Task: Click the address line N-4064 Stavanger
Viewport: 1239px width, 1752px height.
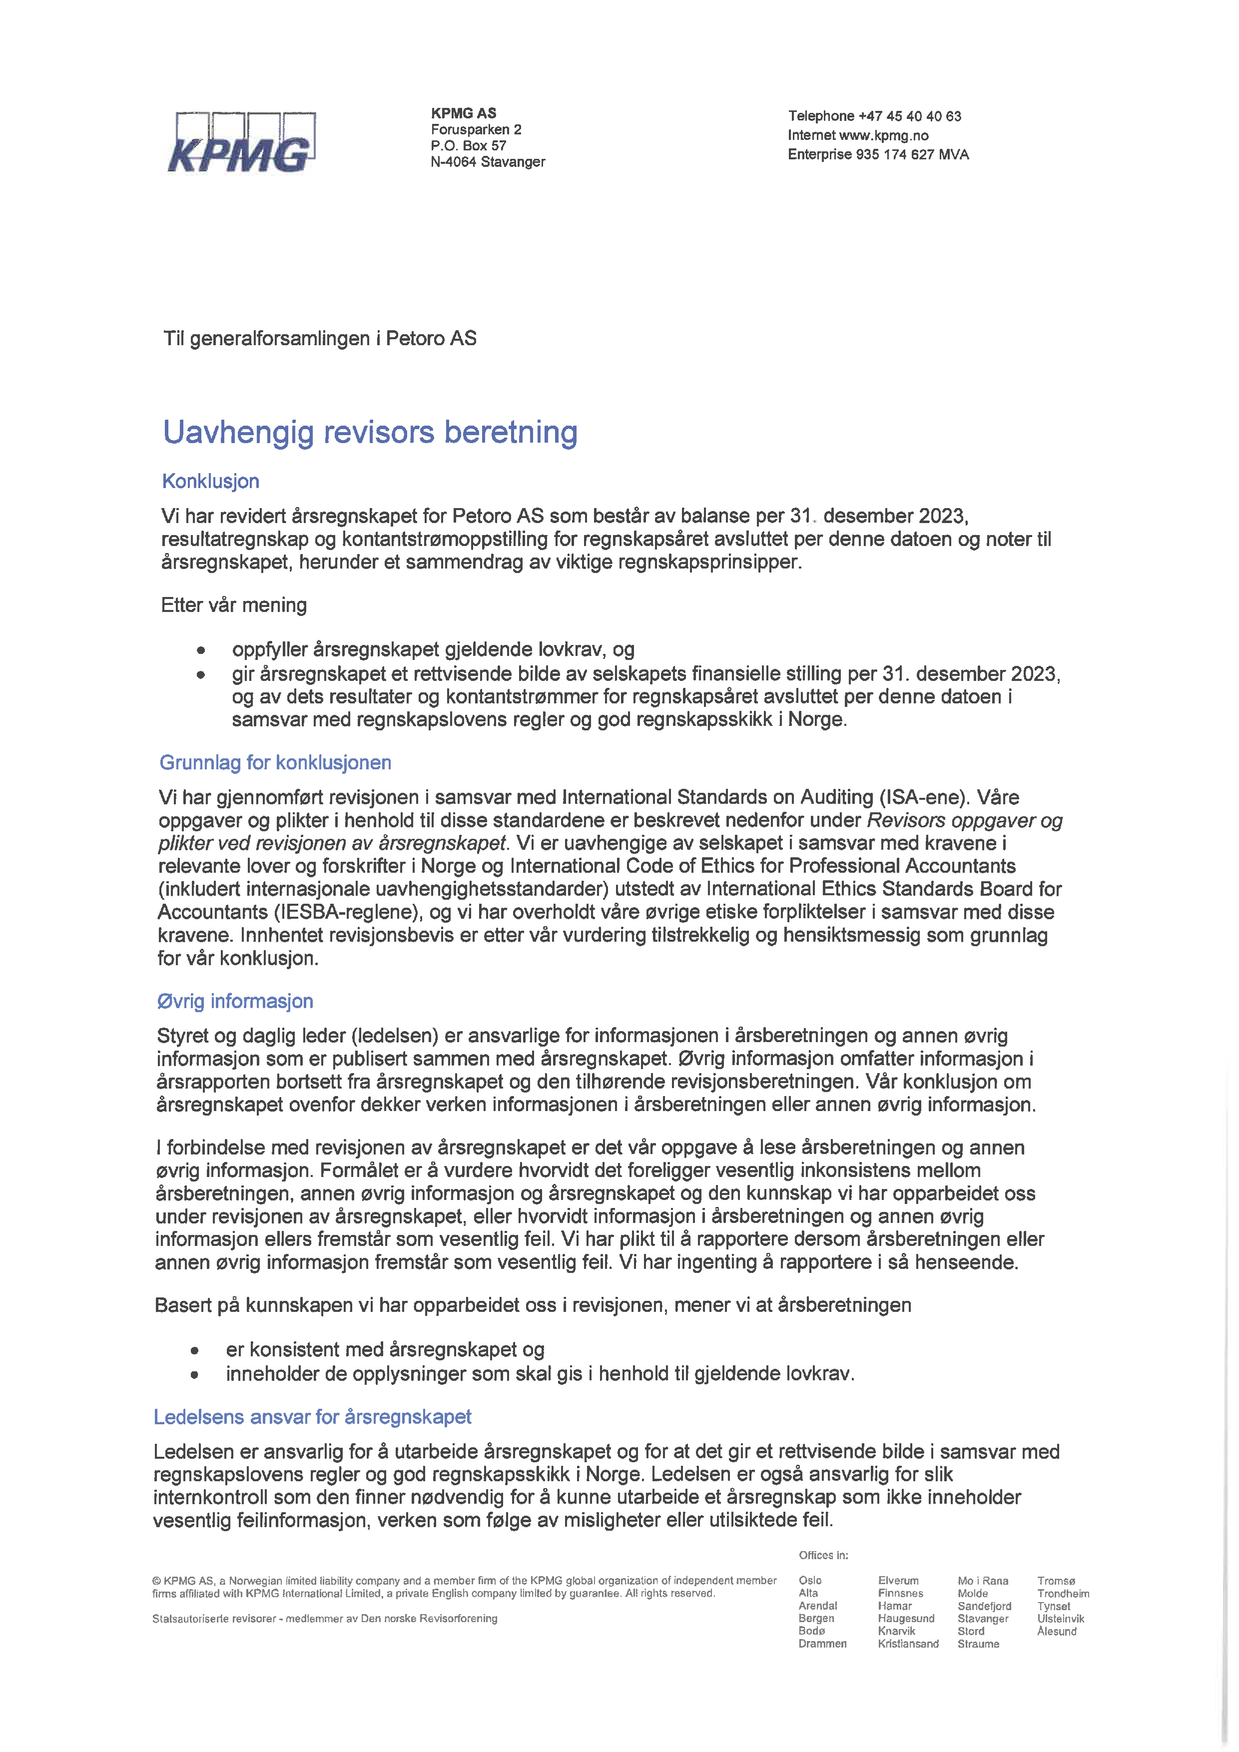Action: pos(488,162)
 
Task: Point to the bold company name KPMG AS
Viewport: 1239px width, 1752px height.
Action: pos(463,113)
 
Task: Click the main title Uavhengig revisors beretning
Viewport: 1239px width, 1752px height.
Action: pos(370,432)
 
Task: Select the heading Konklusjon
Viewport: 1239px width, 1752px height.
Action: pos(210,482)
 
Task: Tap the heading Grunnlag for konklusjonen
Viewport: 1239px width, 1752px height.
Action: pos(275,762)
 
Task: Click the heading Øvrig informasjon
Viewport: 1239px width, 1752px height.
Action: pos(235,1001)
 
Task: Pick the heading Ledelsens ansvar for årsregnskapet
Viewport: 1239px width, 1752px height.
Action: pos(312,1417)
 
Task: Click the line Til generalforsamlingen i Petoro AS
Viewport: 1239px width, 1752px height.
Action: pos(320,338)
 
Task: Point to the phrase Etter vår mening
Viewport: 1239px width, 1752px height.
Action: pos(233,605)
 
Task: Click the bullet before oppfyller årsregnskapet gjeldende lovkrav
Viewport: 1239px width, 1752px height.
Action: pos(201,651)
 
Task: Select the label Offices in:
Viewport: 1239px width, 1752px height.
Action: pos(823,1555)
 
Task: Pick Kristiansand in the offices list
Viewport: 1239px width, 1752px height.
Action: pos(908,1644)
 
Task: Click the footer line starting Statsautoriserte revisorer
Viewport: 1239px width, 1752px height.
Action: pos(324,1619)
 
